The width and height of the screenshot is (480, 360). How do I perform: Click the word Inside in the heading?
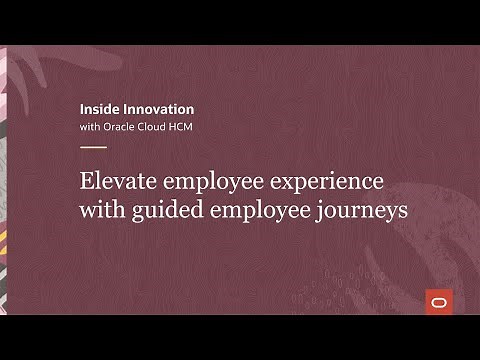click(97, 108)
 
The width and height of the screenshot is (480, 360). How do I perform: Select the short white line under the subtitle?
click(92, 147)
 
